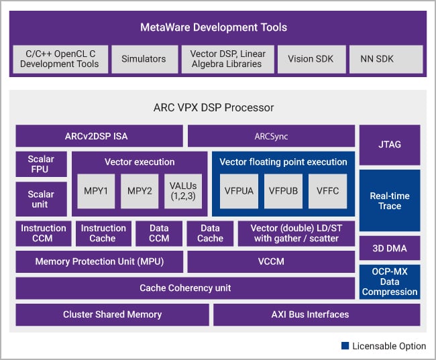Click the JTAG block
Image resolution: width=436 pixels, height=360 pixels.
click(x=390, y=144)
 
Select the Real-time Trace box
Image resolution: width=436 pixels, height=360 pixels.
click(x=390, y=200)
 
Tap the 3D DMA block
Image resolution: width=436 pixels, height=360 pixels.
click(x=390, y=249)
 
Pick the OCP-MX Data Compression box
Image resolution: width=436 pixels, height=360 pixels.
click(x=390, y=282)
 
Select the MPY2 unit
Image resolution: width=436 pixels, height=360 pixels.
click(x=140, y=190)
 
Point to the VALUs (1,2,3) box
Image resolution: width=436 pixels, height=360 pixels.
click(x=184, y=190)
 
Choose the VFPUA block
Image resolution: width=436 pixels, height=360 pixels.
click(x=239, y=190)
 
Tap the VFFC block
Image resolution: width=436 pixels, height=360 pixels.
click(x=327, y=190)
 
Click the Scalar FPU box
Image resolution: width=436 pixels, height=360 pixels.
click(x=41, y=164)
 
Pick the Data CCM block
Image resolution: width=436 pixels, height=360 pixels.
click(x=158, y=233)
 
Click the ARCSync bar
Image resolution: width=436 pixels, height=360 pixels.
click(x=271, y=136)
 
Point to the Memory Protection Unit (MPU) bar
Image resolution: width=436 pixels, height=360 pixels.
click(x=99, y=261)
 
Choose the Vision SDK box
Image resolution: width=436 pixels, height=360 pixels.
click(x=311, y=59)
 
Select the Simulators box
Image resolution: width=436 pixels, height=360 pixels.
click(x=143, y=59)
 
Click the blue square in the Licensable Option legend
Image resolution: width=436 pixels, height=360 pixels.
click(x=345, y=346)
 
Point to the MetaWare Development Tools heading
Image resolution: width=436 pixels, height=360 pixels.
click(x=213, y=27)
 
